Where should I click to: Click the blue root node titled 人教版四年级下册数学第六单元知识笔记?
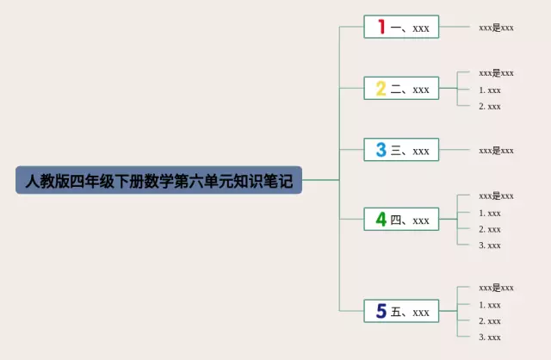159,180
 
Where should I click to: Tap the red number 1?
381,28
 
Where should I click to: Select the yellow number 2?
381,89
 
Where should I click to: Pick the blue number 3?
381,150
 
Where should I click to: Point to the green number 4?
381,220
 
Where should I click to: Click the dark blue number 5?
381,312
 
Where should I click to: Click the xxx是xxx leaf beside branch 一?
496,28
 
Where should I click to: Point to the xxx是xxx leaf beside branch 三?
496,150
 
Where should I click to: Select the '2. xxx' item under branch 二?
490,106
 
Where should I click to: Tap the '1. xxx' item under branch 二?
490,90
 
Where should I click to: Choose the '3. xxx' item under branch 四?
490,245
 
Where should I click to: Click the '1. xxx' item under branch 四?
490,213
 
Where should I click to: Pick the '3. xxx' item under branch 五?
490,337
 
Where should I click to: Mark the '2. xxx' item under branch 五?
490,320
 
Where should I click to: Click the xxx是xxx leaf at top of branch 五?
496,288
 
